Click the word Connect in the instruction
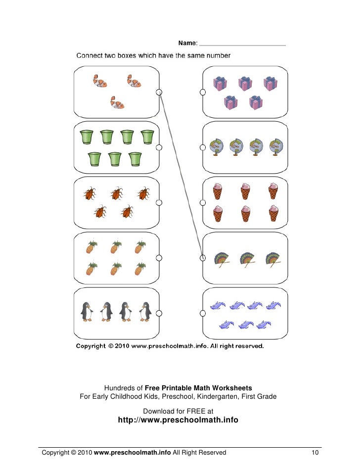tap(90, 56)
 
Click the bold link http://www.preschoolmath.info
tap(178, 420)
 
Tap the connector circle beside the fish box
tap(159, 92)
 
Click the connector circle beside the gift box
tap(203, 92)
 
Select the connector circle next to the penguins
tap(159, 312)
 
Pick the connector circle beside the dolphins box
tap(203, 312)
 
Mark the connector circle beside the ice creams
tap(203, 202)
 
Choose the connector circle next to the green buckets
tap(159, 147)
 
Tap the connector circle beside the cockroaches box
tap(159, 202)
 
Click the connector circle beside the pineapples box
tap(159, 257)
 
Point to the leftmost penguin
tap(87, 312)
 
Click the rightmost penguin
tap(145, 312)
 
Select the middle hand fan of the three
tap(247, 259)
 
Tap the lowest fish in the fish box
tap(117, 102)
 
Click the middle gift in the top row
tap(245, 83)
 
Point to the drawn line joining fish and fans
tap(181, 173)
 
